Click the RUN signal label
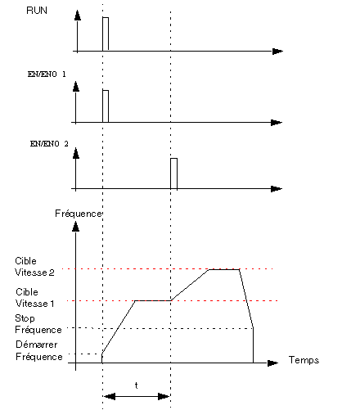click(x=37, y=11)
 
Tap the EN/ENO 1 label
click(x=47, y=74)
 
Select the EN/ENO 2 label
click(x=49, y=144)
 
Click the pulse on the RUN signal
click(x=106, y=34)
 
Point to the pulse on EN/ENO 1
click(x=106, y=106)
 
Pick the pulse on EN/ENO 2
click(x=173, y=173)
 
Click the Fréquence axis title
click(x=79, y=214)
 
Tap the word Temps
click(x=304, y=360)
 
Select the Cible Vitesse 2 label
click(x=34, y=267)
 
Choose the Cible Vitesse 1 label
click(x=35, y=298)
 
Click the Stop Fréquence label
click(x=38, y=324)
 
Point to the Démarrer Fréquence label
click(x=39, y=350)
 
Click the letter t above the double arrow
click(x=137, y=385)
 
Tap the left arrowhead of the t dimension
click(x=110, y=396)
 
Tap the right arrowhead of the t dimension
click(x=164, y=396)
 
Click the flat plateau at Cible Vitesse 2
click(x=224, y=269)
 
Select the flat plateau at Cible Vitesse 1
click(x=153, y=300)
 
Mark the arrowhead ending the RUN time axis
click(x=277, y=52)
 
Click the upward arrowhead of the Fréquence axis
click(x=75, y=227)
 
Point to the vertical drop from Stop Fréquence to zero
click(x=254, y=345)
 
